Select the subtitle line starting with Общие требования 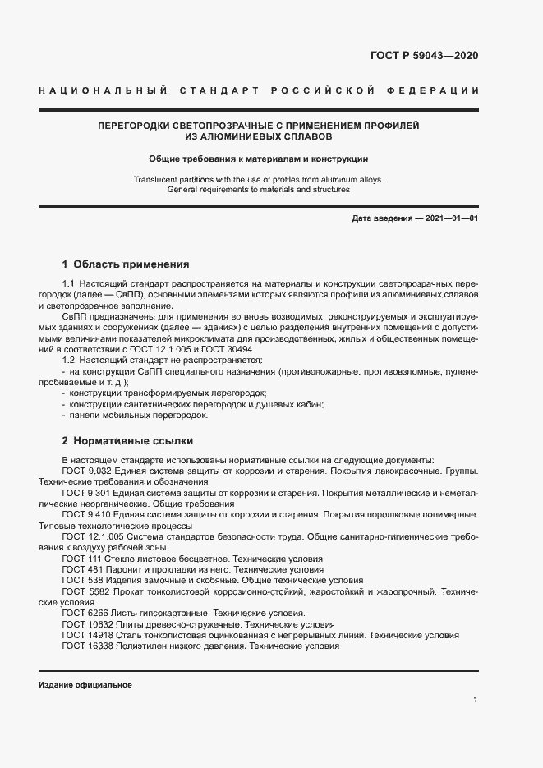[x=258, y=159]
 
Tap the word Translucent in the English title [x=156, y=178]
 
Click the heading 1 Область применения [x=126, y=264]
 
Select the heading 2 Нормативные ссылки [x=127, y=439]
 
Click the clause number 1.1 [x=68, y=283]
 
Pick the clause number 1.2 [x=68, y=361]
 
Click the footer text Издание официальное [x=85, y=685]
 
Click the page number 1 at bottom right [x=476, y=700]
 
